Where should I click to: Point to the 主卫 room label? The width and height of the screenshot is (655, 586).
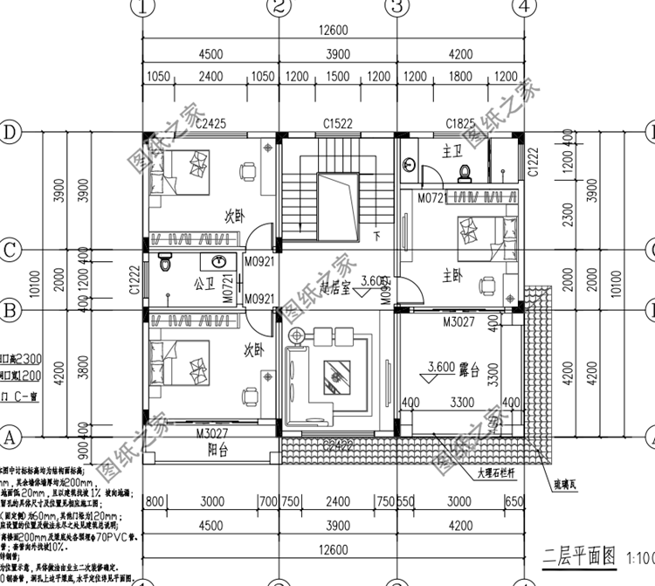coord(452,151)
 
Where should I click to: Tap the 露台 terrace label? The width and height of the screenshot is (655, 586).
coord(472,370)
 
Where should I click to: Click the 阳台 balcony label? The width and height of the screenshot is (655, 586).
coord(217,452)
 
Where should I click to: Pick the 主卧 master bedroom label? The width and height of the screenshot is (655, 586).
coord(452,277)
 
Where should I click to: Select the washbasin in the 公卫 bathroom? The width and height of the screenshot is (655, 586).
coord(219,260)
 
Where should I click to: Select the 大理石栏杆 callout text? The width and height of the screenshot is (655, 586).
coord(501,475)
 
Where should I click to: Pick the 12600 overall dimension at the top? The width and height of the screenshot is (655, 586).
coord(333,31)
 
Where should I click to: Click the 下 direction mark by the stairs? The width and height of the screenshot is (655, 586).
coord(377,236)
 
